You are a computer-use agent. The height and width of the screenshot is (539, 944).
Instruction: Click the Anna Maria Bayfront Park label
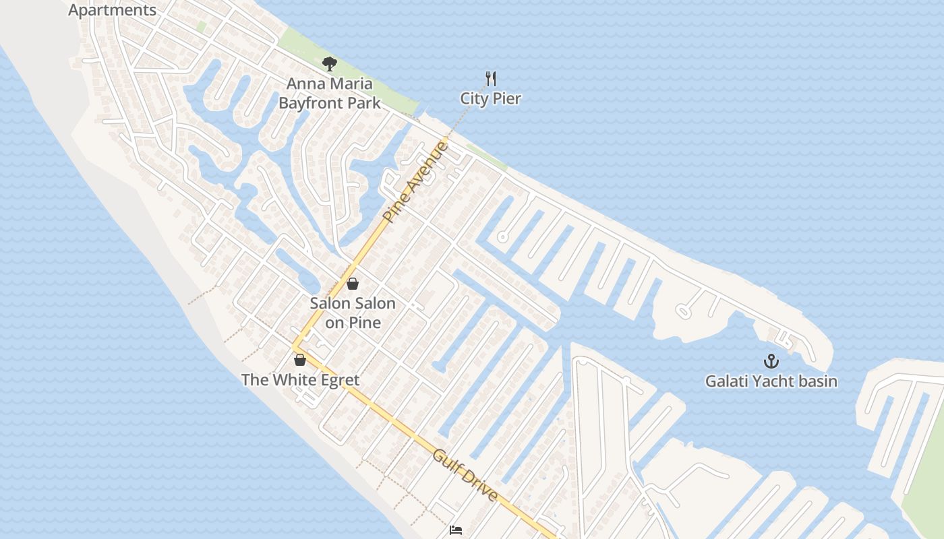(x=329, y=94)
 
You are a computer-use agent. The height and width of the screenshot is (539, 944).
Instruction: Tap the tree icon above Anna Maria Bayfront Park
(x=329, y=64)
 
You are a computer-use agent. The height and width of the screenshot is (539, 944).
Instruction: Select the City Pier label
(x=490, y=98)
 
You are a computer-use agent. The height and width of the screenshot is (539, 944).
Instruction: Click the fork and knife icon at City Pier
(x=491, y=79)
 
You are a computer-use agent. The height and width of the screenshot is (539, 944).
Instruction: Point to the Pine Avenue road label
(x=415, y=182)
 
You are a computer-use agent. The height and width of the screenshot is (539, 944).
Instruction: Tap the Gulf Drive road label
(x=465, y=476)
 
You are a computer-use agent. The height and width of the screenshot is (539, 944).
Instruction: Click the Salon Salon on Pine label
(x=353, y=313)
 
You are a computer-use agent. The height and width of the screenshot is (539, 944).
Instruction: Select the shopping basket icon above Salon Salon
(x=352, y=284)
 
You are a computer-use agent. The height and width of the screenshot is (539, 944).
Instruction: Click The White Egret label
(x=300, y=380)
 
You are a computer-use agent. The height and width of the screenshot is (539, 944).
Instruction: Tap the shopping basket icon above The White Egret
(x=300, y=360)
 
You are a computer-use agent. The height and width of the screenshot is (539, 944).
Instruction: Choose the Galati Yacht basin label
(x=771, y=381)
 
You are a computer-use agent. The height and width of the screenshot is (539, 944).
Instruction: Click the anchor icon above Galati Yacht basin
(x=771, y=361)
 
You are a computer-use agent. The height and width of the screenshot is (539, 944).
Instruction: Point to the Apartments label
(x=112, y=10)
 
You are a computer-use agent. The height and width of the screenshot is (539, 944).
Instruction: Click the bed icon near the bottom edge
(x=456, y=530)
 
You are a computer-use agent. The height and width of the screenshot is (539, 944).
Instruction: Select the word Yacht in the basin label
(x=770, y=381)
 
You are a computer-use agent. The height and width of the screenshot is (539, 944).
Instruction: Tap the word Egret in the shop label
(x=334, y=380)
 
